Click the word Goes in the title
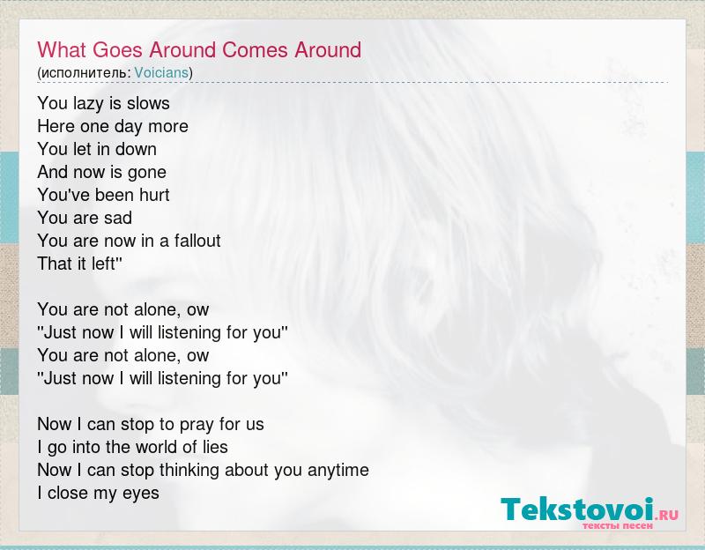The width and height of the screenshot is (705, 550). click(x=117, y=50)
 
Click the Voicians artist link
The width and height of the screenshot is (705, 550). click(x=161, y=72)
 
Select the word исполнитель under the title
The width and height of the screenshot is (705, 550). click(x=84, y=73)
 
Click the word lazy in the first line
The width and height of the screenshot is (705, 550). click(x=89, y=104)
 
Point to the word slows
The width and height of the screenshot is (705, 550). click(x=148, y=103)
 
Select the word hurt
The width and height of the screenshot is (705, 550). click(x=154, y=195)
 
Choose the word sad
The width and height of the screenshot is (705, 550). click(x=118, y=218)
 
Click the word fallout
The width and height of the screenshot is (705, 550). click(x=197, y=241)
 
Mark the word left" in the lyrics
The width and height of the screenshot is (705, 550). click(x=107, y=264)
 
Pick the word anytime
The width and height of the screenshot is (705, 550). click(x=338, y=471)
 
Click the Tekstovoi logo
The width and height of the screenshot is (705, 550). click(x=590, y=513)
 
